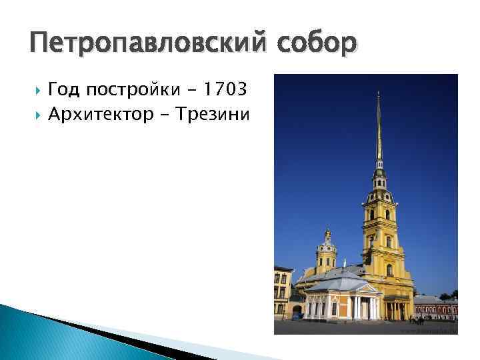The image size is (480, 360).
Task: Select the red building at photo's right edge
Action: tap(436, 307)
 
